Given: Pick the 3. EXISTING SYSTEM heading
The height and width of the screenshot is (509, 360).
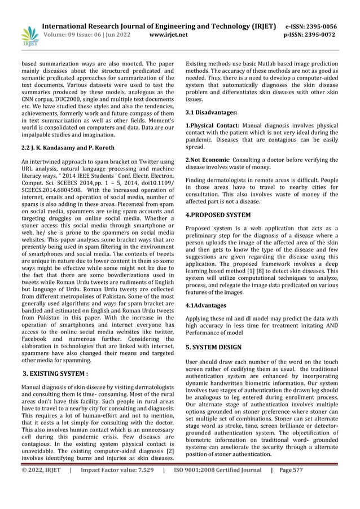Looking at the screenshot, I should [x=56, y=373].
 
